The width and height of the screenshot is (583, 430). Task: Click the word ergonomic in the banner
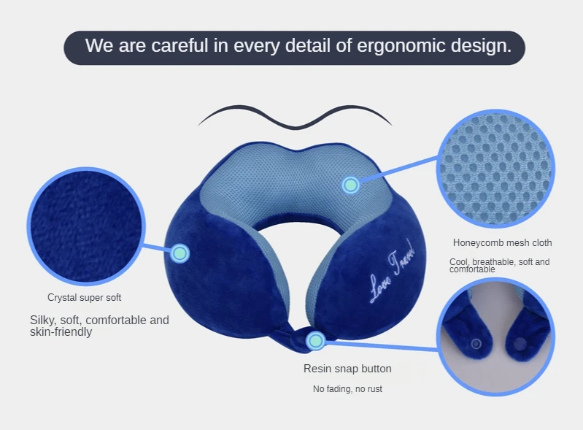coord(401,46)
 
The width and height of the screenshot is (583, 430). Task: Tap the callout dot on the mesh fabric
coord(350,185)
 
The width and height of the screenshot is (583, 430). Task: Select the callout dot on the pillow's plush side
coord(180,253)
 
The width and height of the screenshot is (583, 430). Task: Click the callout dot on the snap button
coord(316,340)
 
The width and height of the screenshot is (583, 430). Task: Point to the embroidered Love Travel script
coord(392,272)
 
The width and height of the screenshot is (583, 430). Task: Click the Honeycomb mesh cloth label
coord(502,243)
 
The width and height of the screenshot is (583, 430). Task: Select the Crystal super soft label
coord(85,298)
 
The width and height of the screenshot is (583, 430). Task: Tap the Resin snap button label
coord(347,369)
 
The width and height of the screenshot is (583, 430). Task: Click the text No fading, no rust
coord(347,389)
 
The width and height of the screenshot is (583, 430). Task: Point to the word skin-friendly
coord(61,332)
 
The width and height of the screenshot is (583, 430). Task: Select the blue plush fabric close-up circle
coord(86,226)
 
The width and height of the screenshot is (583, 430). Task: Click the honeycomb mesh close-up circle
coord(495,169)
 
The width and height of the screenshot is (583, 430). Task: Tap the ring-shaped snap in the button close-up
coord(476,344)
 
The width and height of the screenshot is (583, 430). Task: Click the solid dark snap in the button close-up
coord(520,345)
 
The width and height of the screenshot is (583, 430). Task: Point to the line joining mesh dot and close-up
coord(398,169)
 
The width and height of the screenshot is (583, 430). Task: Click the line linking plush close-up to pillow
coord(158,247)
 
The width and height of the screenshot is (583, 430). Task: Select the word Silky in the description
coord(42,320)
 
